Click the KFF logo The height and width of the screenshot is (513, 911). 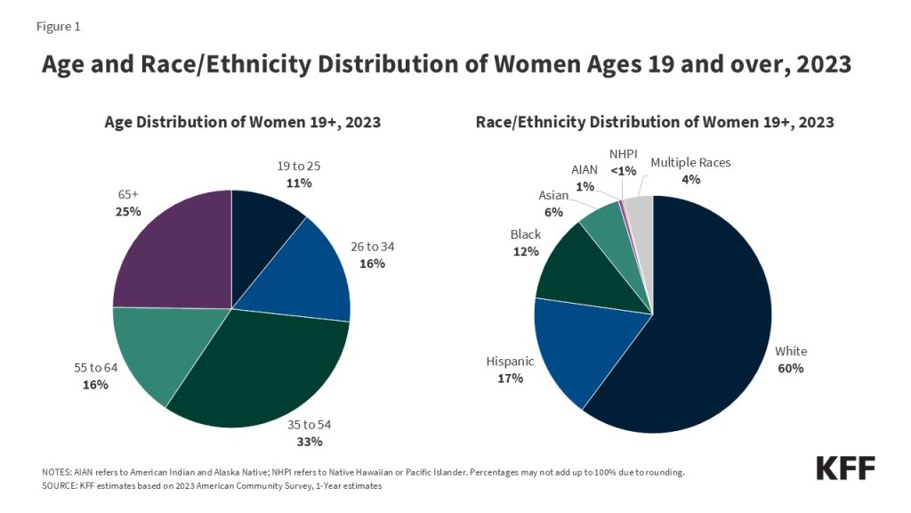[845, 468]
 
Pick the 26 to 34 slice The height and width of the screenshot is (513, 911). [298, 272]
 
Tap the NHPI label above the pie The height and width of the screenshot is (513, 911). [623, 153]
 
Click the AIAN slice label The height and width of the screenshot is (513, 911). [584, 169]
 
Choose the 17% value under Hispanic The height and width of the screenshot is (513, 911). [510, 378]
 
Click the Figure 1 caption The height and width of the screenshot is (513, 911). [58, 26]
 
